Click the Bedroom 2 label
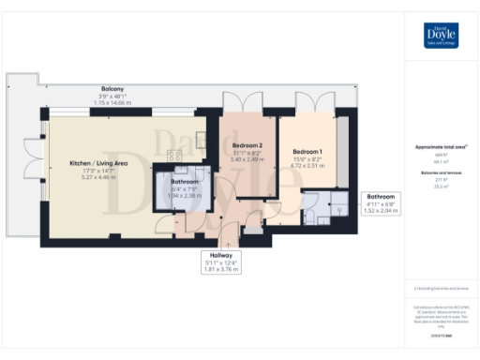tap(247, 146)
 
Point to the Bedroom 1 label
tap(307, 152)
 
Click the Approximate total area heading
tap(441, 147)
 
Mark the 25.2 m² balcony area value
tap(441, 187)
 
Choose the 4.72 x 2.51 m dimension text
tap(307, 166)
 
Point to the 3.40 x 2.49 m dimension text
tap(247, 159)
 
